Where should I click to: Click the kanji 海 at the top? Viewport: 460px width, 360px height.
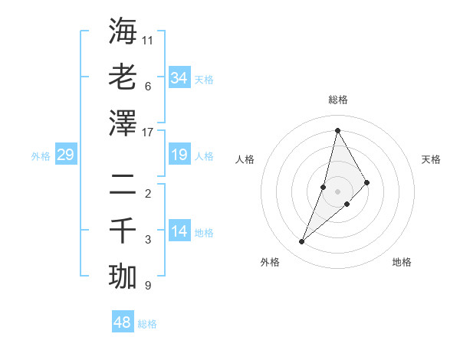pos(123,31)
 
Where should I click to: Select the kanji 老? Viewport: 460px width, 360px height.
pos(123,77)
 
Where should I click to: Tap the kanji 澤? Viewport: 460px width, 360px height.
pos(123,123)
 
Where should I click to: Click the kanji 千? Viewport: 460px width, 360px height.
pos(123,230)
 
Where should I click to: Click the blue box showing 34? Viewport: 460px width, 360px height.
pos(179,77)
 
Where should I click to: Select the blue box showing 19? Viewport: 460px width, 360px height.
pos(179,155)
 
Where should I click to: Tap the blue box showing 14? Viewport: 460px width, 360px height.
pos(179,231)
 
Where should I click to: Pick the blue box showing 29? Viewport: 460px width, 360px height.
pos(65,155)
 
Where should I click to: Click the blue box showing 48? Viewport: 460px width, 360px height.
pos(122,322)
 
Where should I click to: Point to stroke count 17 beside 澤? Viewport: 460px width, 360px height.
pos(148,132)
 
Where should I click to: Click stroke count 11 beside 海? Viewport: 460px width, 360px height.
pos(148,39)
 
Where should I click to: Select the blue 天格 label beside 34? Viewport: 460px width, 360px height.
pos(204,79)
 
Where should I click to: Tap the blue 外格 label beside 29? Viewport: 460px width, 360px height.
pos(41,156)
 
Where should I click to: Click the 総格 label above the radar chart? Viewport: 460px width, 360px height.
pos(337,100)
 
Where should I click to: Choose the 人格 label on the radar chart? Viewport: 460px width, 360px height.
pos(245,159)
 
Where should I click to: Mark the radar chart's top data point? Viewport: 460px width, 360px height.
pos(337,130)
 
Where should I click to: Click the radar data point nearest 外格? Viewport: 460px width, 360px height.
pos(302,242)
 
